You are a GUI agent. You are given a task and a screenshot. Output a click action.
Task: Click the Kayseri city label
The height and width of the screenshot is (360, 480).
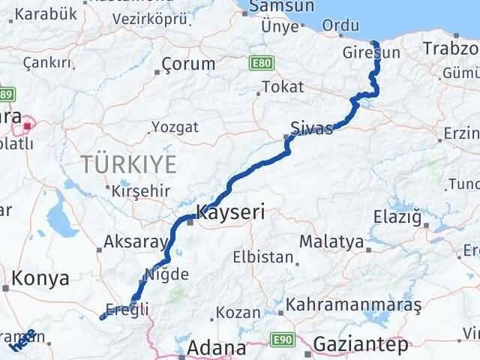[230, 212]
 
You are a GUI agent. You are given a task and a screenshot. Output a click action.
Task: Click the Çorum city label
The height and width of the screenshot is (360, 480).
[189, 64]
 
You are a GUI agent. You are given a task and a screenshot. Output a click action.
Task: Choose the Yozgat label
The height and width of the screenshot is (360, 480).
[175, 127]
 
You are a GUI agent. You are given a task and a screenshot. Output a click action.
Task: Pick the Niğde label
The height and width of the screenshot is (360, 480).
[168, 274]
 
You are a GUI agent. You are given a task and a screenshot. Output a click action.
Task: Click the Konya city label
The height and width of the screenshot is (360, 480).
[40, 278]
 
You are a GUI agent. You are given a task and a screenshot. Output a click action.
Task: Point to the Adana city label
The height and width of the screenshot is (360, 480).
[217, 349]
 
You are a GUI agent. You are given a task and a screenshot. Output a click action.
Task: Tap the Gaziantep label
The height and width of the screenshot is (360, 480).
[362, 344]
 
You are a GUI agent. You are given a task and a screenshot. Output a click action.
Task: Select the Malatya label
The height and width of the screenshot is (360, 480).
[331, 242]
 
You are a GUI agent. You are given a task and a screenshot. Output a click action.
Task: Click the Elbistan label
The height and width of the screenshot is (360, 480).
[262, 256]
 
